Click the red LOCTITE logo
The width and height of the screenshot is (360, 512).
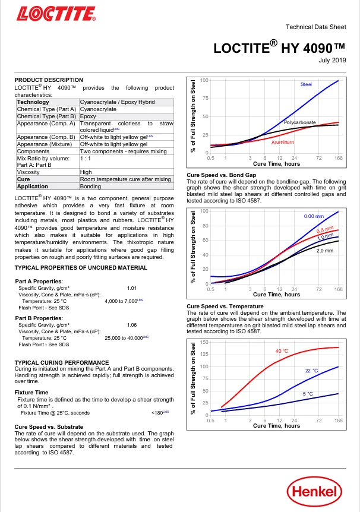(x=56, y=14)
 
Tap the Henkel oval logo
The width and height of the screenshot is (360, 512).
(x=314, y=491)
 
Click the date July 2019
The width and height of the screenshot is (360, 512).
(x=332, y=60)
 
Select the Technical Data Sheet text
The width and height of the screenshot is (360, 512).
(x=316, y=27)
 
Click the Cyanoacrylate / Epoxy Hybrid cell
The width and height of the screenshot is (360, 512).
(x=117, y=102)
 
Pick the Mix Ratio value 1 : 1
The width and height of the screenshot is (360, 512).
(x=86, y=159)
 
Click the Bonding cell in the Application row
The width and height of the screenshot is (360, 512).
(x=90, y=187)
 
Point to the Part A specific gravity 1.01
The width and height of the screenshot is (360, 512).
(x=132, y=288)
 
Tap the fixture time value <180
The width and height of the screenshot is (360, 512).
(x=157, y=413)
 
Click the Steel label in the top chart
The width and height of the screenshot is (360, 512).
(x=306, y=84)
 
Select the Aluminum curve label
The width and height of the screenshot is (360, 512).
(x=283, y=142)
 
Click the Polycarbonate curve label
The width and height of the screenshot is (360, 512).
(x=300, y=122)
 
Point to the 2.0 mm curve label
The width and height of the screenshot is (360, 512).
(x=325, y=251)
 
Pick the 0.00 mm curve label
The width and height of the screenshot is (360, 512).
(x=314, y=216)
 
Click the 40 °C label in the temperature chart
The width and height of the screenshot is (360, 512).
(x=282, y=351)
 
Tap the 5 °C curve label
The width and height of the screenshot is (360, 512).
(x=308, y=394)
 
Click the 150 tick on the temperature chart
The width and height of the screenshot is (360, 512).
(x=204, y=342)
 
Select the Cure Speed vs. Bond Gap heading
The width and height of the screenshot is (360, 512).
(x=222, y=175)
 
